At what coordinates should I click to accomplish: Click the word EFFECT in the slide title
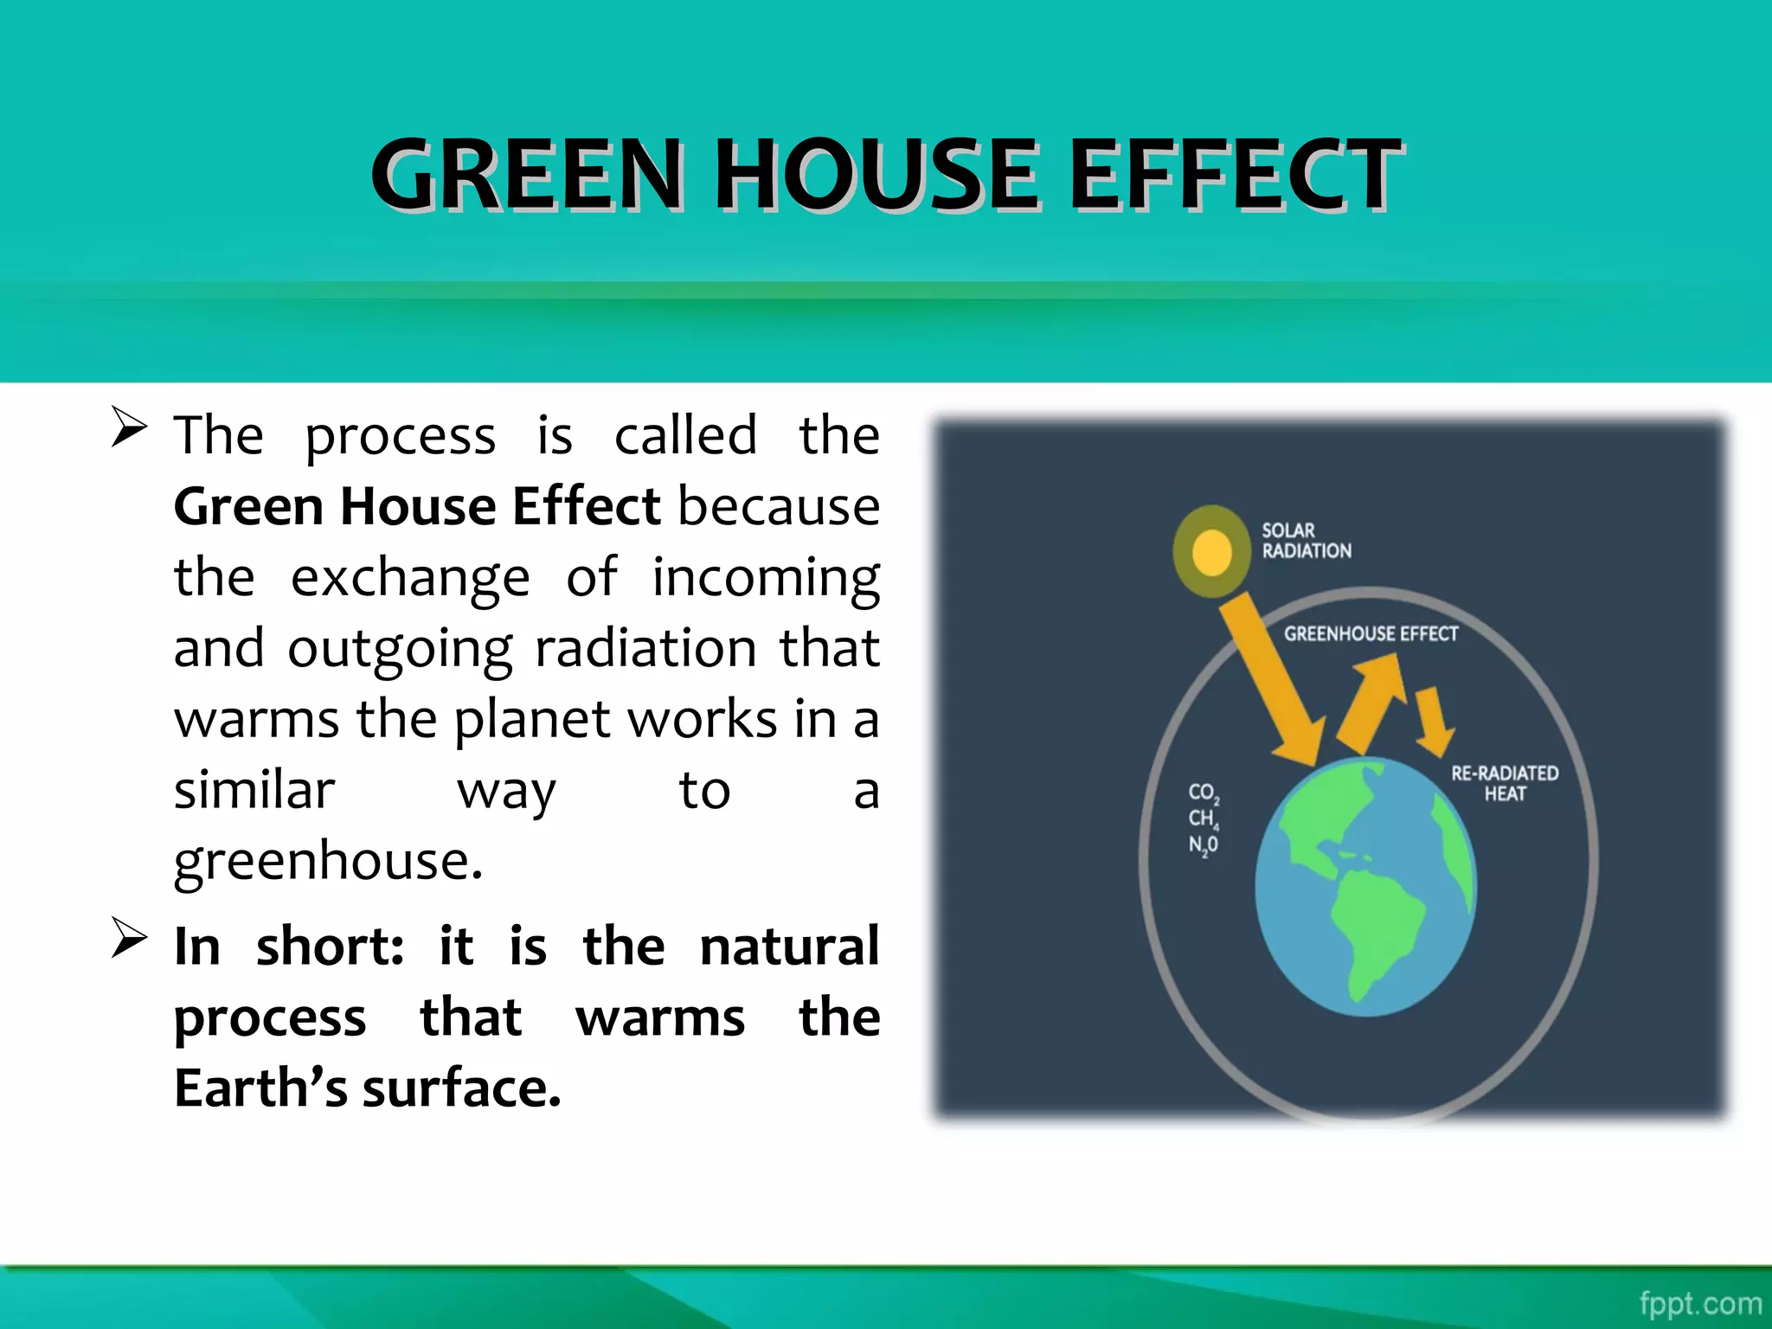pyautogui.click(x=1236, y=175)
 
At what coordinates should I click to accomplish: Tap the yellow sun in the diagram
pyautogui.click(x=1211, y=552)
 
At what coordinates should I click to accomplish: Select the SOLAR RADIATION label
pyautogui.click(x=1305, y=541)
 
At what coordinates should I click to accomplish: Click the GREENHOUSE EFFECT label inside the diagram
pyautogui.click(x=1371, y=634)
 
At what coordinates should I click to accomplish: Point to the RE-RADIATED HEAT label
pyautogui.click(x=1505, y=783)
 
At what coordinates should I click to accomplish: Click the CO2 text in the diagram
pyautogui.click(x=1204, y=793)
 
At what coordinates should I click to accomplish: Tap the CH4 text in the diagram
pyautogui.click(x=1203, y=819)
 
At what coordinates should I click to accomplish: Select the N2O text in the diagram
pyautogui.click(x=1203, y=844)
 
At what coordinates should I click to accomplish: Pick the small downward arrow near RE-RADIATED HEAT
pyautogui.click(x=1432, y=719)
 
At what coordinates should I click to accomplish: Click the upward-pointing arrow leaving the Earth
pyautogui.click(x=1372, y=701)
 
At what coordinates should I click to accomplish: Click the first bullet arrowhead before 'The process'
pyautogui.click(x=129, y=427)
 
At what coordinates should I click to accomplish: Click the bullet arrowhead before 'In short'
pyautogui.click(x=129, y=939)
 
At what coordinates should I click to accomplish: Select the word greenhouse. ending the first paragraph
pyautogui.click(x=328, y=862)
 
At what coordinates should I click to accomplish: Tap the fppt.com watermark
pyautogui.click(x=1699, y=1303)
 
